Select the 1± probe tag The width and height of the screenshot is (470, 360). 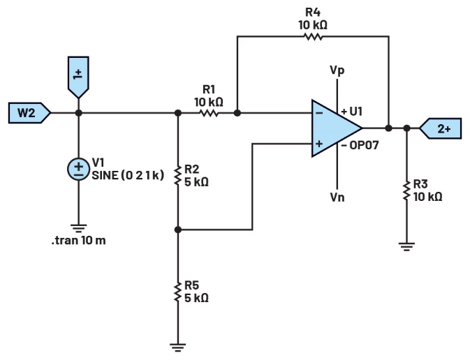coord(78,75)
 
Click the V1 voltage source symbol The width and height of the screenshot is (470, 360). coord(78,168)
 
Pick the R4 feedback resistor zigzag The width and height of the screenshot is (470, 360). coord(311,36)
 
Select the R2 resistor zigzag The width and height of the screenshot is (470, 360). coord(179,175)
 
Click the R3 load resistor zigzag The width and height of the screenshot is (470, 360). coord(406,190)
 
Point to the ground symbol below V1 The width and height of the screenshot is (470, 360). coord(78,227)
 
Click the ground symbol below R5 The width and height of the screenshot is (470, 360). coord(179,345)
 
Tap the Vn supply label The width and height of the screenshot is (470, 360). coord(338,197)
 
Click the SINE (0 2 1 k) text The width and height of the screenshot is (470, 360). coord(128,175)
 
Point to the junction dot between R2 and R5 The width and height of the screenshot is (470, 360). coord(179,228)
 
